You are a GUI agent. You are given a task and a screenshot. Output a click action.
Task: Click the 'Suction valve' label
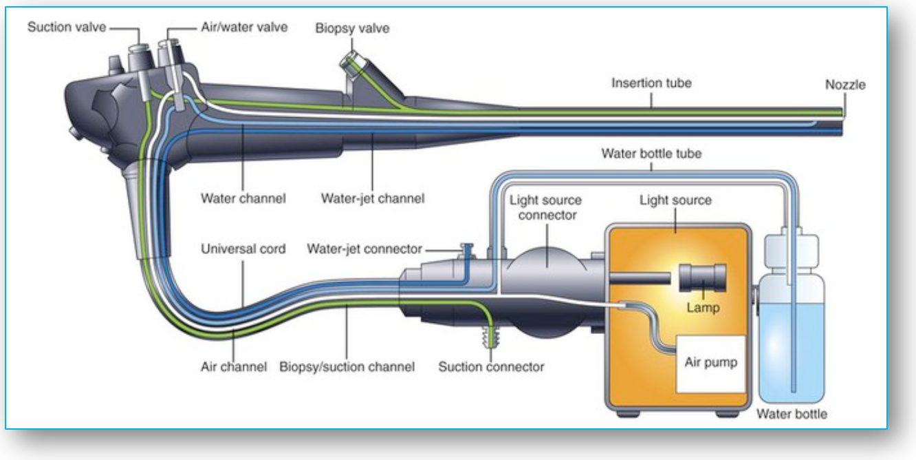tap(66, 28)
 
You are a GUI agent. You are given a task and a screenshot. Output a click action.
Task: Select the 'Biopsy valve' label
tap(352, 28)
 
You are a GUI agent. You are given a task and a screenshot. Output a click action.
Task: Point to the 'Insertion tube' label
tap(651, 83)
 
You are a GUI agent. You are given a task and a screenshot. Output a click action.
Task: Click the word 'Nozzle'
tap(845, 85)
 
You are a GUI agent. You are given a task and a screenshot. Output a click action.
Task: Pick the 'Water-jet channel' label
tap(373, 198)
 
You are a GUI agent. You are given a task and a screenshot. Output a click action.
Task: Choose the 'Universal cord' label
tap(243, 249)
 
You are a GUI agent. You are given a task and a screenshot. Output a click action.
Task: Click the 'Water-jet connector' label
tap(364, 249)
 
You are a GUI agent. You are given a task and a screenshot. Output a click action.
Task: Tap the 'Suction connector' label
tap(491, 367)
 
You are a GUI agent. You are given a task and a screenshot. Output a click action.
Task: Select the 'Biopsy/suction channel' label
tap(347, 367)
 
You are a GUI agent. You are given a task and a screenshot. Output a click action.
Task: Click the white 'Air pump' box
tap(710, 364)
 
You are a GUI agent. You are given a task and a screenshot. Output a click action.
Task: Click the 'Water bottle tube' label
tap(651, 153)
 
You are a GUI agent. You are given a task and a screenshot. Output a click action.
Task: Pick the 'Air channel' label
tap(233, 367)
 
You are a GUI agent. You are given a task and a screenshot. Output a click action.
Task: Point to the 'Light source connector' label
tap(545, 208)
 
